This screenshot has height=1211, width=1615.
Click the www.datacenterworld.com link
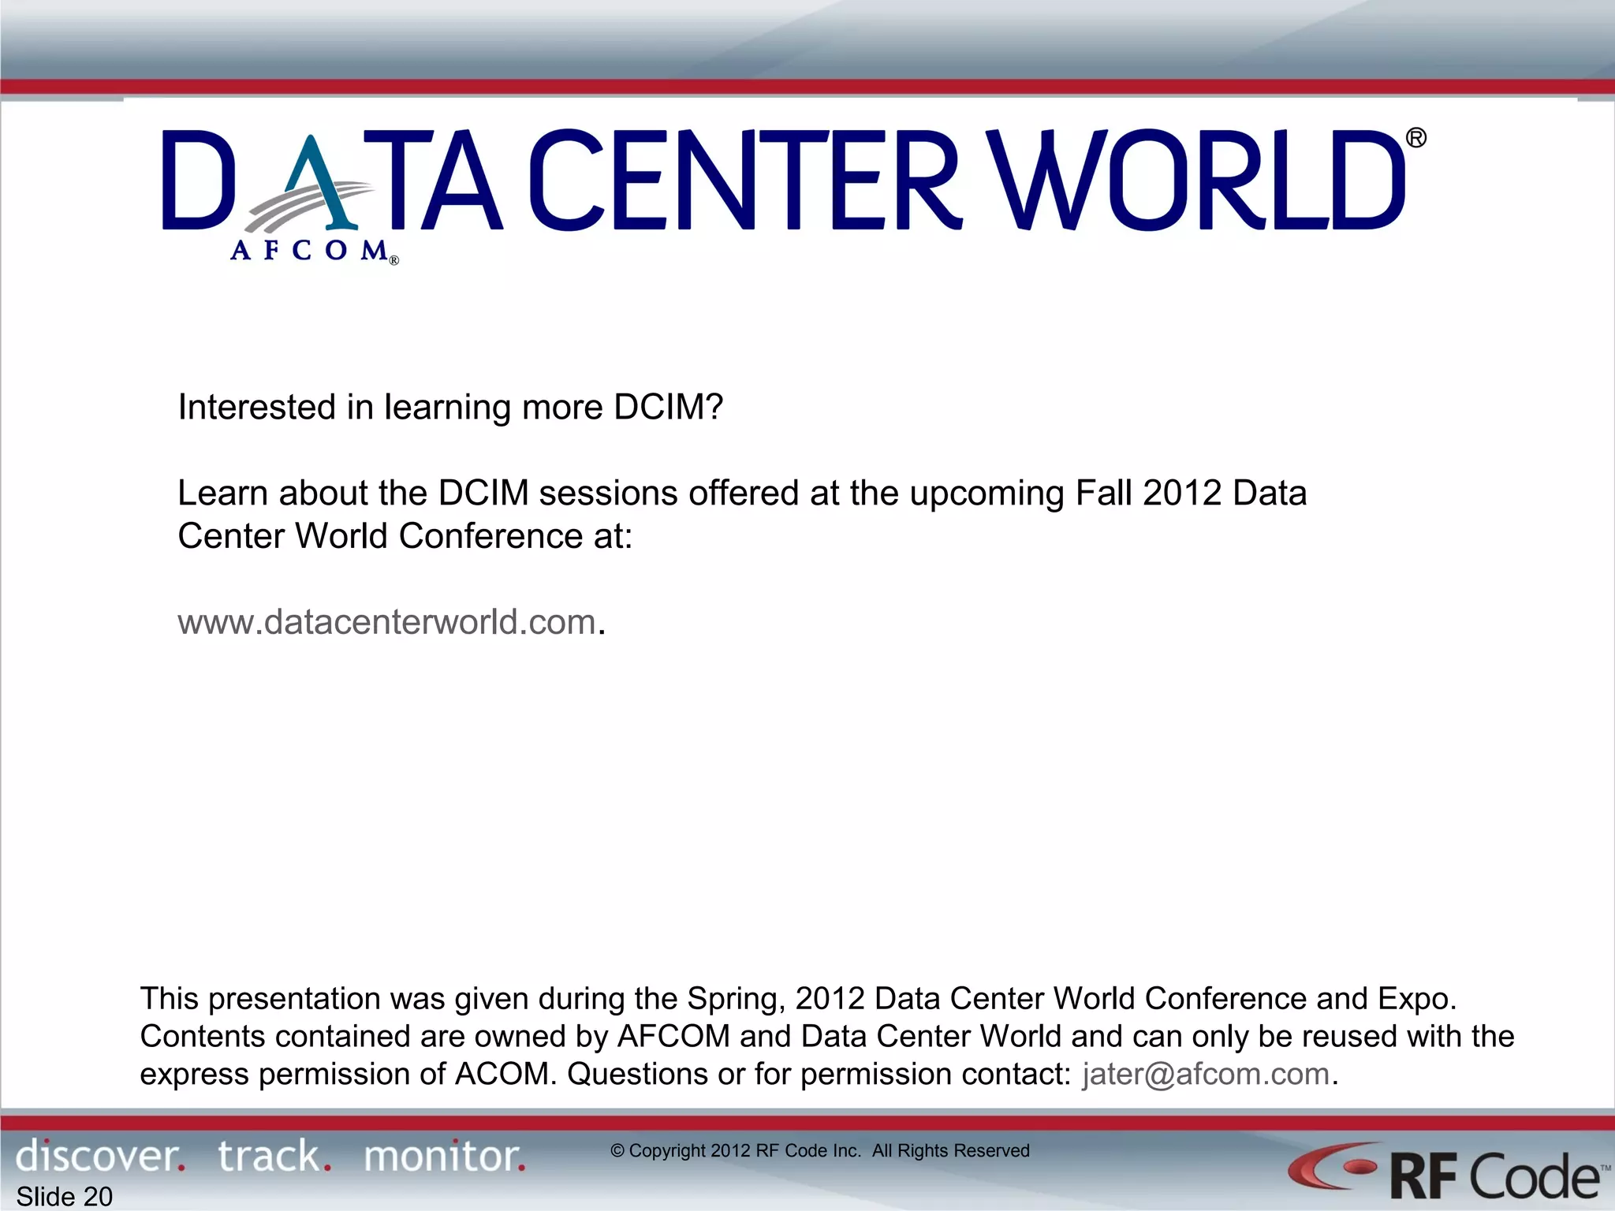tap(386, 623)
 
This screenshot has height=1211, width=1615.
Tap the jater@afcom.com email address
tap(1206, 1075)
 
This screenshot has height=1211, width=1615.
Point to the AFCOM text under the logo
tap(310, 251)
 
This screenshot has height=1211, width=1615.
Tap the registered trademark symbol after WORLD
tap(1416, 139)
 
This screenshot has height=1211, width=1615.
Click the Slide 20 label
tap(65, 1196)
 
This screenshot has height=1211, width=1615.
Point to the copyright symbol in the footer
tap(617, 1151)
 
